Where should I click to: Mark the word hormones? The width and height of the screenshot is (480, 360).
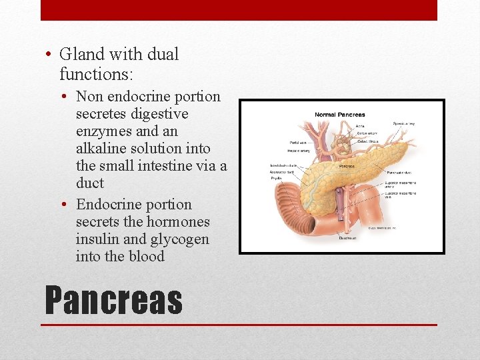pos(179,222)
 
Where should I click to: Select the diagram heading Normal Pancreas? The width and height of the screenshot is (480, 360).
pos(340,115)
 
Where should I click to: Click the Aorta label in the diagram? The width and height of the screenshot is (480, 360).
pos(360,125)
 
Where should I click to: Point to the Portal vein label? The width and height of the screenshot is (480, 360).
pos(297,141)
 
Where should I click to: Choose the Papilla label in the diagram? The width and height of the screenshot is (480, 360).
pos(276,179)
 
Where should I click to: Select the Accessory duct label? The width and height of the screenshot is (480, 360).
pos(281,172)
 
